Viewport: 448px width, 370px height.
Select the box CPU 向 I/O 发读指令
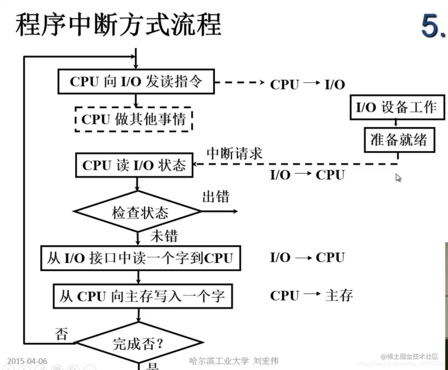136,82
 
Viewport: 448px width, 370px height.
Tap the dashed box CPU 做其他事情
134,119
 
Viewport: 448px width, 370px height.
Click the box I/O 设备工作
396,107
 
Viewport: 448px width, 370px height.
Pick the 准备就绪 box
399,140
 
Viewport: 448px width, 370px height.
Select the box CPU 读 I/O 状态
134,165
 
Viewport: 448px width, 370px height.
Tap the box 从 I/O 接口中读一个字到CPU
140,258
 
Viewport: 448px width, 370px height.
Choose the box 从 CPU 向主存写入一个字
143,296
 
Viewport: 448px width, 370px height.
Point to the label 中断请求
235,153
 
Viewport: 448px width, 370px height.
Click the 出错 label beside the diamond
216,197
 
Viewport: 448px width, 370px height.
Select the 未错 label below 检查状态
164,236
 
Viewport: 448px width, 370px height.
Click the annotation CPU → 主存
311,295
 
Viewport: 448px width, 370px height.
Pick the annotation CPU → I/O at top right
307,85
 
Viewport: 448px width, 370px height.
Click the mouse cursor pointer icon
398,178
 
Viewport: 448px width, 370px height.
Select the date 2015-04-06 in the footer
27,361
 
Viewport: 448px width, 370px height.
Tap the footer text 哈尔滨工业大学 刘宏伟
233,361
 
